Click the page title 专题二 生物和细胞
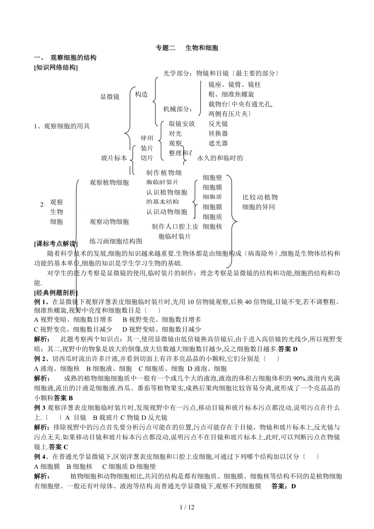coord(187,48)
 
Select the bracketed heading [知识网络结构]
coord(56,68)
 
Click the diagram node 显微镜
coord(110,97)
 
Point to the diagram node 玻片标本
coord(114,158)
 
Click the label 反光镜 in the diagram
coord(218,124)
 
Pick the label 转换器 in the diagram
coord(218,134)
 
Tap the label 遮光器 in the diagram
coord(218,143)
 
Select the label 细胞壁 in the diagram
coord(212,178)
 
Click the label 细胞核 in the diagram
coord(212,227)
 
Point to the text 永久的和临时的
coord(220,158)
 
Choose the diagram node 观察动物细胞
coord(109,222)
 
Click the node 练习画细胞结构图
coord(116,241)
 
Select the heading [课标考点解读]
coord(56,244)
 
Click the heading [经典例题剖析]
coord(56,293)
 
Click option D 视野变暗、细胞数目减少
coord(162,330)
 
